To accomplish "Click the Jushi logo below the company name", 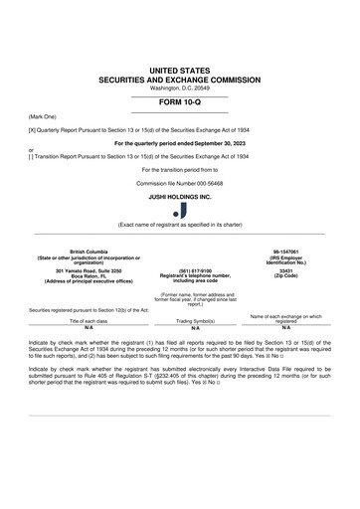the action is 180,209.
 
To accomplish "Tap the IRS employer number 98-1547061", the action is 285,252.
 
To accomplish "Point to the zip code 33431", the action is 285,270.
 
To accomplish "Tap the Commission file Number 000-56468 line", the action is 180,183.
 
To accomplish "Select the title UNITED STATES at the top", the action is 180,71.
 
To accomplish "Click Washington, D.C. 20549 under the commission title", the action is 180,88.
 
